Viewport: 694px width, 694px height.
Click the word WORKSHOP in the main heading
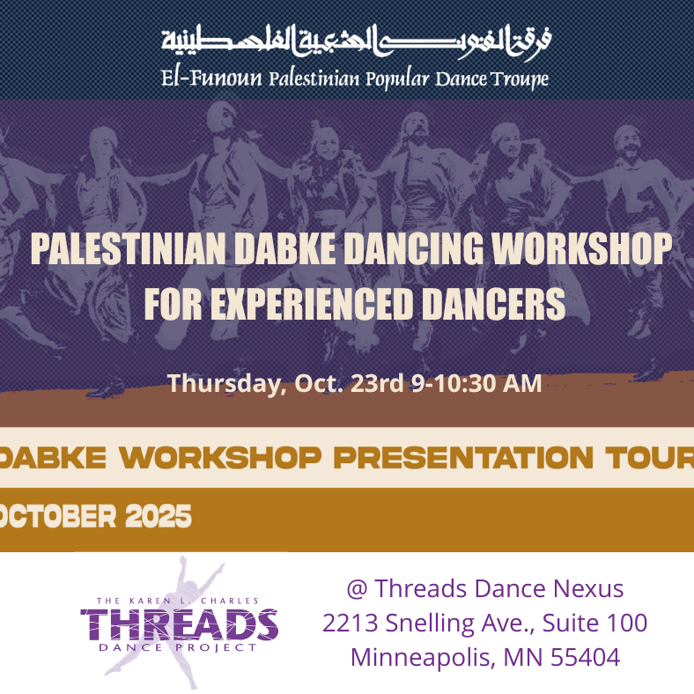581,248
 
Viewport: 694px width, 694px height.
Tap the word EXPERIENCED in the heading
312,304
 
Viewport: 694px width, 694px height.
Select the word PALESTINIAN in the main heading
128,248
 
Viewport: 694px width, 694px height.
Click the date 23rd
376,383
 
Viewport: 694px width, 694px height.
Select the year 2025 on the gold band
158,516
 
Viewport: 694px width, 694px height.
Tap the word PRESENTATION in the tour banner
463,457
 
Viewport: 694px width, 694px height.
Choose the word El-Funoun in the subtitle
211,78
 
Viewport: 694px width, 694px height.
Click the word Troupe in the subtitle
520,79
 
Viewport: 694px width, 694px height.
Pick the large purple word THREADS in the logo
180,624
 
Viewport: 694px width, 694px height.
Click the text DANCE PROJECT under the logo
178,647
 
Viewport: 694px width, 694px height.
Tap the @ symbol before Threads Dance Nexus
358,589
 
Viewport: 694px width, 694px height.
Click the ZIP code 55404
585,657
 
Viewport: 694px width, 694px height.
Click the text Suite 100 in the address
594,624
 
